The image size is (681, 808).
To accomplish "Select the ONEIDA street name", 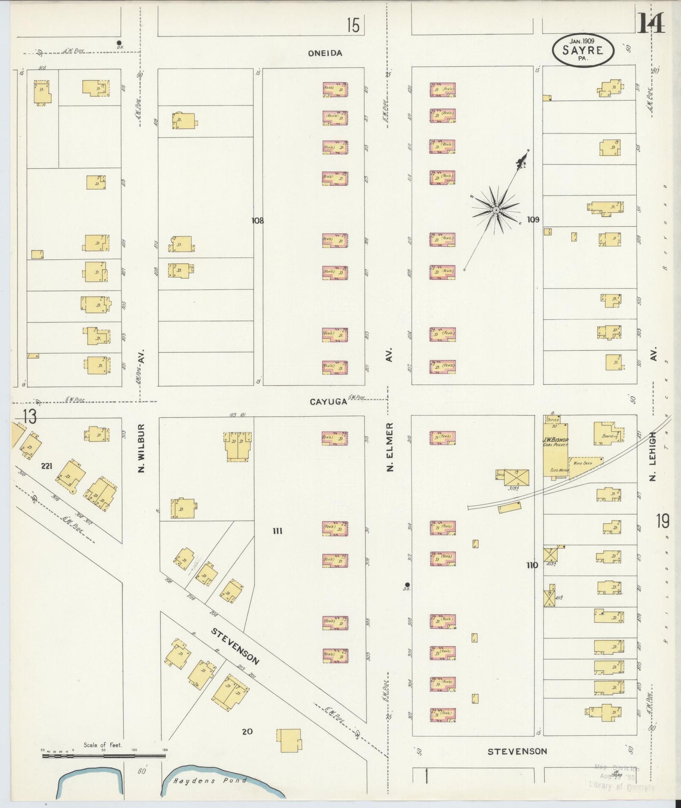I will coord(325,53).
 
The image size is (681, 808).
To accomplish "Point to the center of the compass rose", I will coord(496,209).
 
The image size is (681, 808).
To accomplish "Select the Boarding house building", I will coord(608,433).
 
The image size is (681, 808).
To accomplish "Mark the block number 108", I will coord(257,220).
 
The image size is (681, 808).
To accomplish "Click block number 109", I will coord(533,219).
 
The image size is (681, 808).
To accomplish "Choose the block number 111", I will coord(277,531).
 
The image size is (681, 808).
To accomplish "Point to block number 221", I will coord(46,466).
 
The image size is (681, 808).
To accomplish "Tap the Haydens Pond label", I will coord(209,781).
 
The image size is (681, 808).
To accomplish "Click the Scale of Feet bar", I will coord(104,756).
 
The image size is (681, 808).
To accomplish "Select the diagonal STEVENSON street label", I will coord(234,646).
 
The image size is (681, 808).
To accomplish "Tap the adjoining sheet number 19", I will coord(662,521).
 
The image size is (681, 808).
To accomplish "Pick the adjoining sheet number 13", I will coord(28,416).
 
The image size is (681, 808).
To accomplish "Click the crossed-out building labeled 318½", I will coord(517,478).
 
